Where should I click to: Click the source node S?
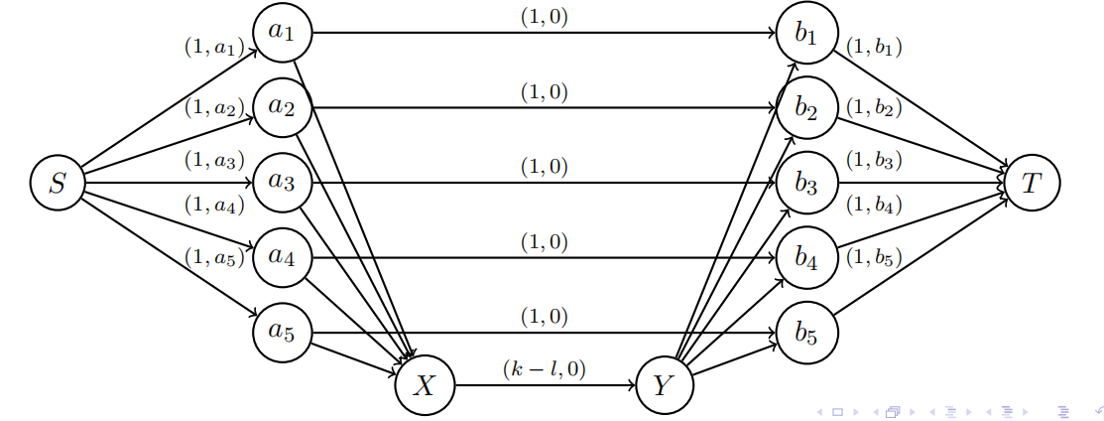(x=58, y=183)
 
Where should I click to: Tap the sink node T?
(x=1032, y=183)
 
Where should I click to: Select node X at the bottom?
(x=425, y=385)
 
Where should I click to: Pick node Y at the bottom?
(x=663, y=385)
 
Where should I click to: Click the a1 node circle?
(x=283, y=33)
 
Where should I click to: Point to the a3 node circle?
(x=283, y=183)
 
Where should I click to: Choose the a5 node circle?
(x=283, y=332)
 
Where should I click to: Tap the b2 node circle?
(x=807, y=108)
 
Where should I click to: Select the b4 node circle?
(x=807, y=257)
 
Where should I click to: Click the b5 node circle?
(x=807, y=332)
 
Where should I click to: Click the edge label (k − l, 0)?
(x=544, y=369)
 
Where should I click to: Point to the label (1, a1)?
(x=214, y=47)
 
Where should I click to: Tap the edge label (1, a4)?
(x=214, y=207)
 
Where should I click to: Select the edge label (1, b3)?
(x=873, y=159)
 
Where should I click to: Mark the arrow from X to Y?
(x=544, y=385)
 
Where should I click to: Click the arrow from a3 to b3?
(x=544, y=183)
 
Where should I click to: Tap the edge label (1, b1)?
(x=873, y=47)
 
